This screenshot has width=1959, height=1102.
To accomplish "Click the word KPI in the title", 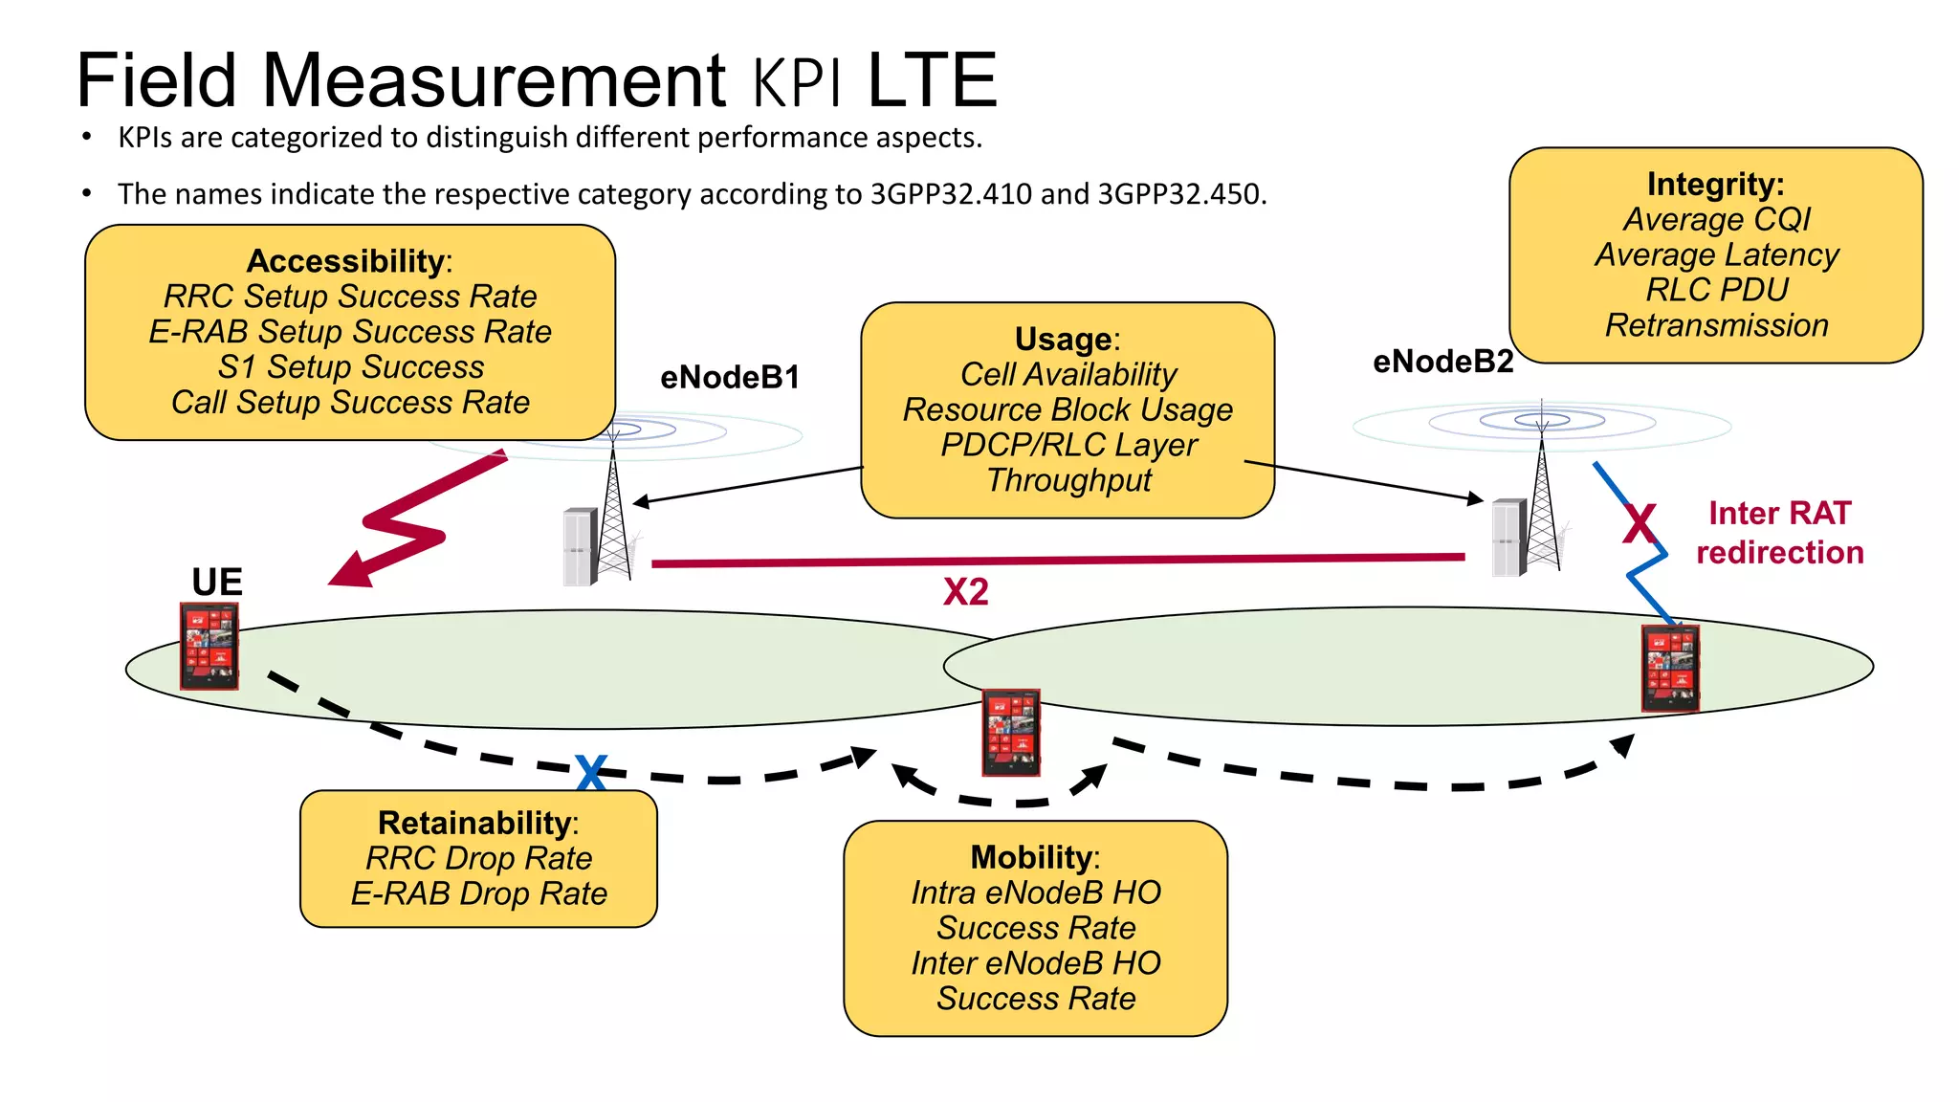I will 798,83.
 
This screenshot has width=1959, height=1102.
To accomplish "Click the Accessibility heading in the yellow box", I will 345,261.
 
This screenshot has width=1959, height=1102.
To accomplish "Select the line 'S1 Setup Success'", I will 351,367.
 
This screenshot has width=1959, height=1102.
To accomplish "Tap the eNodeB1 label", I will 730,378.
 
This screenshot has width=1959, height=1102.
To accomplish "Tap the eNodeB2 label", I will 1442,362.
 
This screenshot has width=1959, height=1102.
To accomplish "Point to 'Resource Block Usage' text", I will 1068,410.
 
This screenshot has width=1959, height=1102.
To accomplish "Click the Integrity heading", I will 1715,184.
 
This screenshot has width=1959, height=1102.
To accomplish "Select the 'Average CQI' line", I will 1716,220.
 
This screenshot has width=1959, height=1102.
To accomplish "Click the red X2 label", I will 965,592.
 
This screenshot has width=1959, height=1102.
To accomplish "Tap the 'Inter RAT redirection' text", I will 1779,533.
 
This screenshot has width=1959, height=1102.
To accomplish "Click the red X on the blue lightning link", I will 1640,524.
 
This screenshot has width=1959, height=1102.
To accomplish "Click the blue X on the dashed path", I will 591,772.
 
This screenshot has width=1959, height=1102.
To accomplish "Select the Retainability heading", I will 475,824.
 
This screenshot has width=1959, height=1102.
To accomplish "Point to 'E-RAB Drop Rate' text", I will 478,893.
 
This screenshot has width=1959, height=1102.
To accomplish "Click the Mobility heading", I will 1032,858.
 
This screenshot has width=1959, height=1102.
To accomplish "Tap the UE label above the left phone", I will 217,582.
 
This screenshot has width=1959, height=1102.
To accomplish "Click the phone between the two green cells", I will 1011,732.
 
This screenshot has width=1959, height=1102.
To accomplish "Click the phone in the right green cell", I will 1670,668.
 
